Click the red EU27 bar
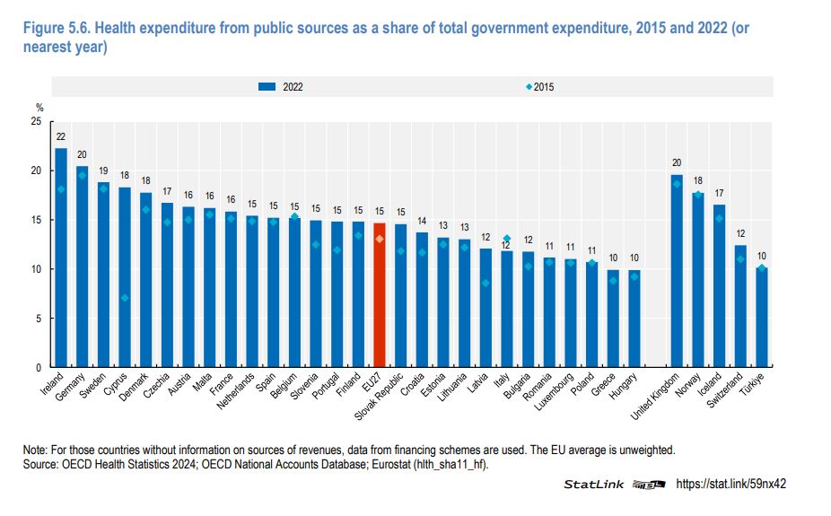380,296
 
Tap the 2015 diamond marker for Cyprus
124,298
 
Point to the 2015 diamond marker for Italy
506,239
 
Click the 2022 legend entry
280,87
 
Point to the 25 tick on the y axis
36,121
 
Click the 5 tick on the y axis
39,319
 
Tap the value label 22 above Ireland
61,137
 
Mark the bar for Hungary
634,319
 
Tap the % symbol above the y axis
39,108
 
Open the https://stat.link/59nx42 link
730,484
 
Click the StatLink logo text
593,485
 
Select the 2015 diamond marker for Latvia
485,283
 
